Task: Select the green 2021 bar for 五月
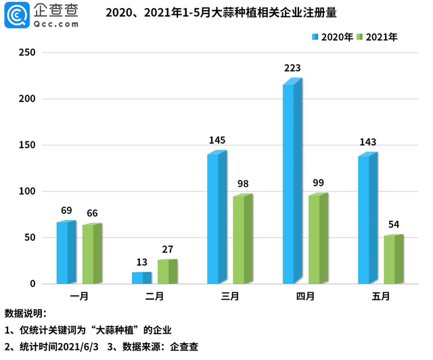pos(392,261)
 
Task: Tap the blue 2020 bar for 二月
pos(140,278)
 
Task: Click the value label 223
pos(292,68)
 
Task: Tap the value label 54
pos(393,224)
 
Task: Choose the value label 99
pos(318,183)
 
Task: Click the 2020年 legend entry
pos(332,37)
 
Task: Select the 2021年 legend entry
pos(377,37)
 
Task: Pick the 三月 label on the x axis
pos(229,296)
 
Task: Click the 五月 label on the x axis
pos(381,296)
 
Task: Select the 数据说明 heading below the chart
pos(25,313)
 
